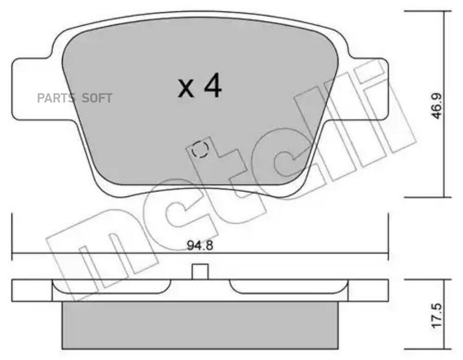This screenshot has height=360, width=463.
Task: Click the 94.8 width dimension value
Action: pos(200,245)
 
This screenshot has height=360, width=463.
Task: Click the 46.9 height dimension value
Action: pos(436,105)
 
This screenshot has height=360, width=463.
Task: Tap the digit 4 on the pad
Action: pos(213,85)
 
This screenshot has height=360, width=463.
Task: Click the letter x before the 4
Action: pos(186,89)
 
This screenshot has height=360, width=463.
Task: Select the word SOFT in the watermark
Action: pos(97,98)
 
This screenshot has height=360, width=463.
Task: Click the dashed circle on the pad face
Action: pos(200,149)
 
